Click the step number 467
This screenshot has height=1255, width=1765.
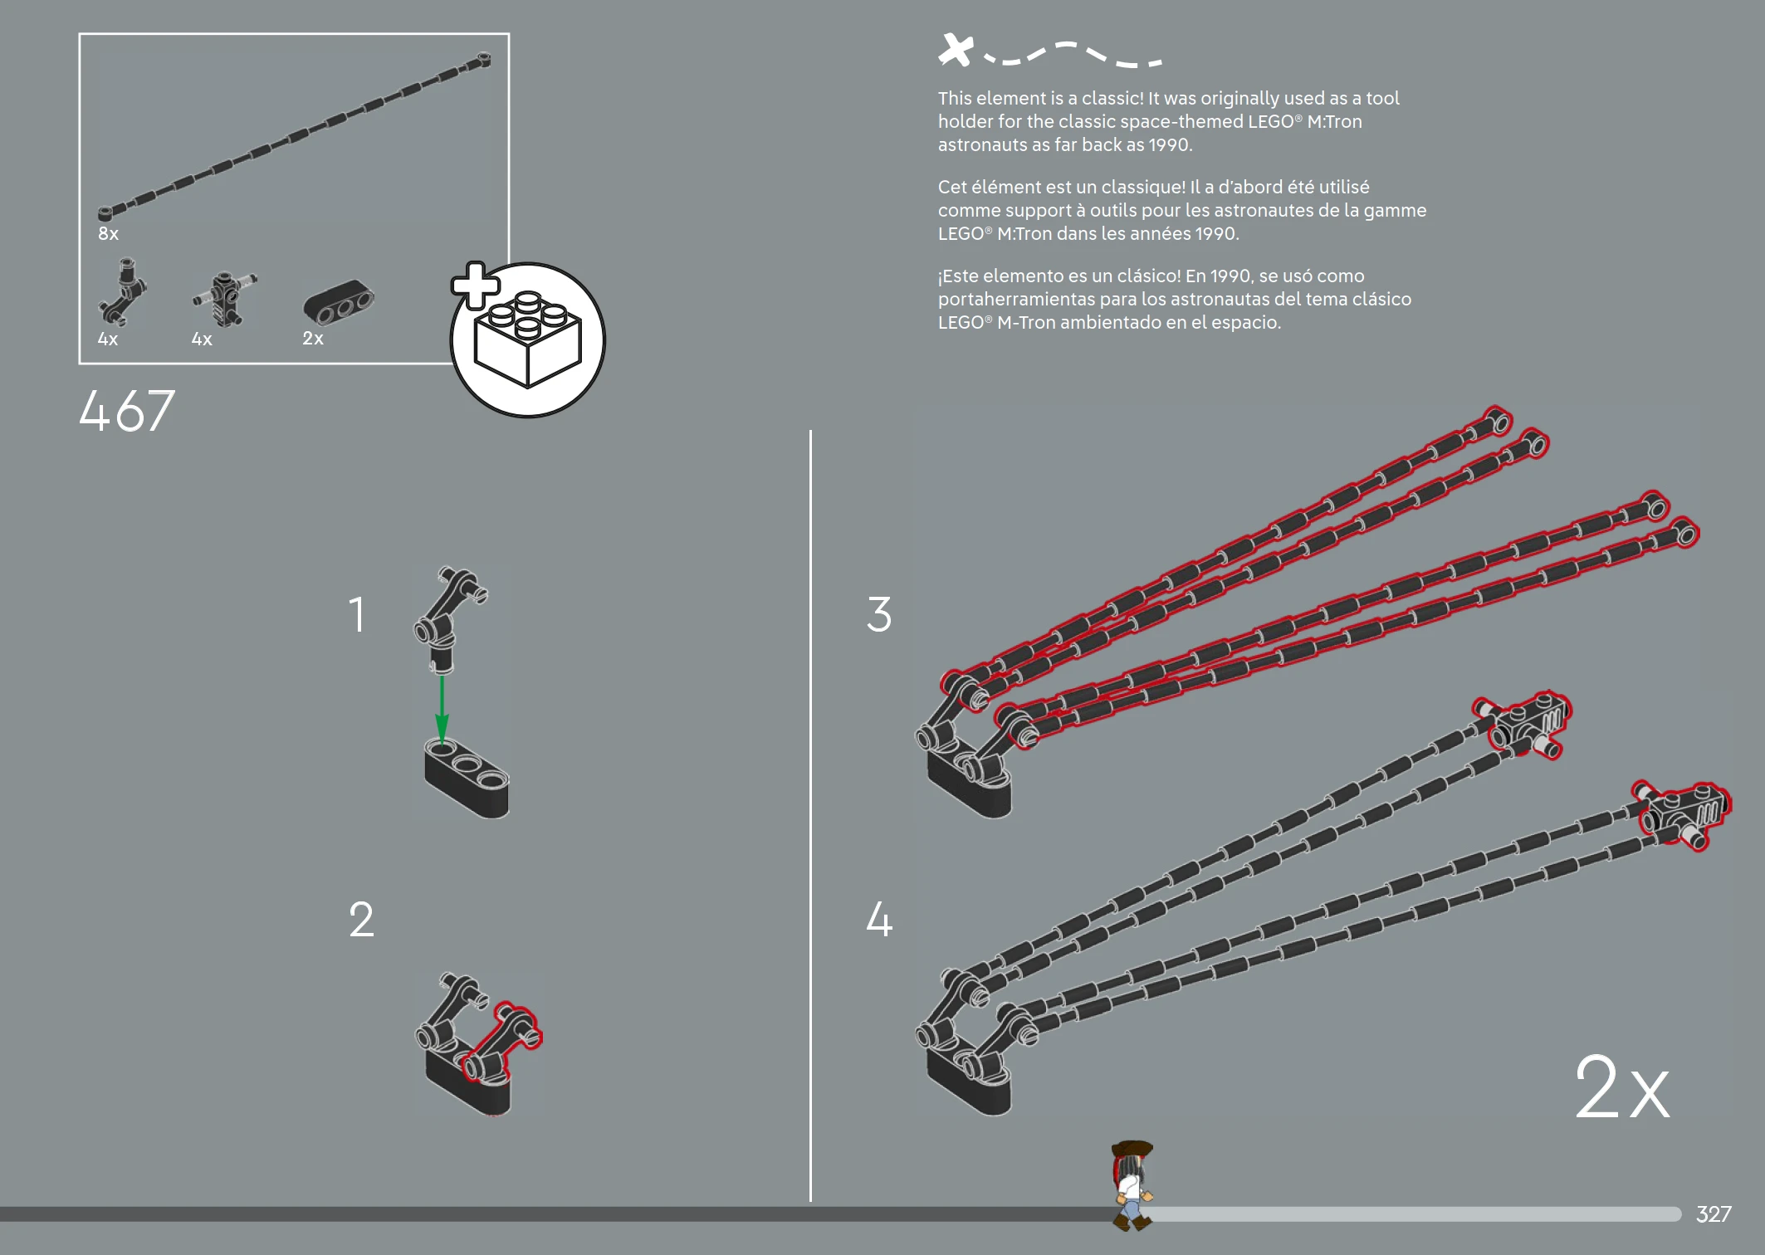126,411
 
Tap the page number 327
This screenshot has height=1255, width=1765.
1713,1214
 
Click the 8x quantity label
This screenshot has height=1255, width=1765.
108,234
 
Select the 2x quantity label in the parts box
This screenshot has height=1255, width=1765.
312,339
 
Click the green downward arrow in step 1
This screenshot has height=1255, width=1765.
442,710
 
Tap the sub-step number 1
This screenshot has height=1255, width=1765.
356,615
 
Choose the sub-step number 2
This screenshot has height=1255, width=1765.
361,920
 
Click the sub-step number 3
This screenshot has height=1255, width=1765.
878,615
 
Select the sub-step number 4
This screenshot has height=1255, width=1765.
878,920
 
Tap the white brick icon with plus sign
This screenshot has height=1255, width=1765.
527,339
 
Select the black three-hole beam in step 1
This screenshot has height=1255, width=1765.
467,779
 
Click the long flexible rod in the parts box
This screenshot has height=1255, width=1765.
295,137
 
